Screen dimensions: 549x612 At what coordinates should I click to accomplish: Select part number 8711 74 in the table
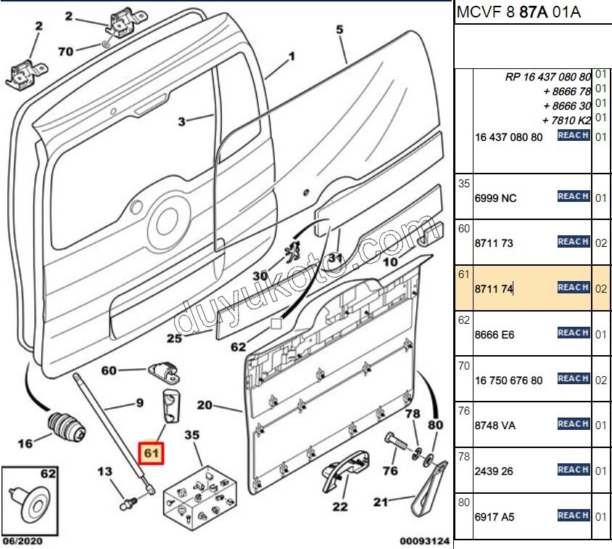[x=494, y=289]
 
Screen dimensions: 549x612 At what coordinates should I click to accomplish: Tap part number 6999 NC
[x=497, y=198]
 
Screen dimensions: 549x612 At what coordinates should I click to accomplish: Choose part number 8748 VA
[x=495, y=426]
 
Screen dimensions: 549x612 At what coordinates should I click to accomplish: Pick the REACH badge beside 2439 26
[x=573, y=470]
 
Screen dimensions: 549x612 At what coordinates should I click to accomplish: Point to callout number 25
[x=174, y=338]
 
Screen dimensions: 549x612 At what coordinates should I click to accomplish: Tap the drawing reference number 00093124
[x=425, y=540]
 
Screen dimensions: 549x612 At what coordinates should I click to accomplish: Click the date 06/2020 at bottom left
[x=24, y=540]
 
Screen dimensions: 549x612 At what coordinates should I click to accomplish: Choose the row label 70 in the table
[x=464, y=366]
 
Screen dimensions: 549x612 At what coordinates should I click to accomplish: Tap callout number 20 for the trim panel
[x=204, y=404]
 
